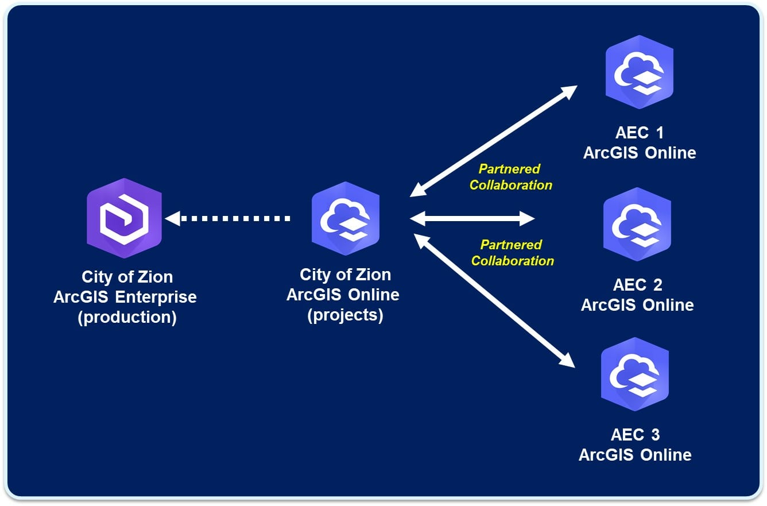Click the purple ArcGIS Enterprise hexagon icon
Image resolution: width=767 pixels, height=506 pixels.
(124, 218)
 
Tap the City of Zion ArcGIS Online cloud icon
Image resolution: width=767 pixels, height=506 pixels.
(345, 218)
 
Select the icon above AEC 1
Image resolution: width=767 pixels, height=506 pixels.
(639, 71)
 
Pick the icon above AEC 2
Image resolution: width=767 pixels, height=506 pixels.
(637, 223)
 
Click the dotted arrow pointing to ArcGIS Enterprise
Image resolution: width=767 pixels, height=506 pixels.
(230, 218)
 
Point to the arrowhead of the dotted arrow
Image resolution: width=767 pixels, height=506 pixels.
(173, 218)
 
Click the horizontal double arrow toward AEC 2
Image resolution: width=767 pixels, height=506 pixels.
(472, 218)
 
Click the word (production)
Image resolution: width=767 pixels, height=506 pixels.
(127, 317)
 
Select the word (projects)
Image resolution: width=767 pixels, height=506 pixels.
(345, 315)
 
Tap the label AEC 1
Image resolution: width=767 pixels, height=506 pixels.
(639, 133)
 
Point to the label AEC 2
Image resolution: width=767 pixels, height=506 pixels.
(637, 285)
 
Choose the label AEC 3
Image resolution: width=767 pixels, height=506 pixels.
(635, 435)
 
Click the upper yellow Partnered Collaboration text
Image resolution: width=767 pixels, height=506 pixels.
(510, 177)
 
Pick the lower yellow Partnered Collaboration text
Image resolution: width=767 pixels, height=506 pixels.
(512, 253)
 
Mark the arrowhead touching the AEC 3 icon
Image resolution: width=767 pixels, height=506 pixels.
(567, 360)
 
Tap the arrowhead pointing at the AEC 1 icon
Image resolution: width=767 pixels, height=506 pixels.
(570, 92)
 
